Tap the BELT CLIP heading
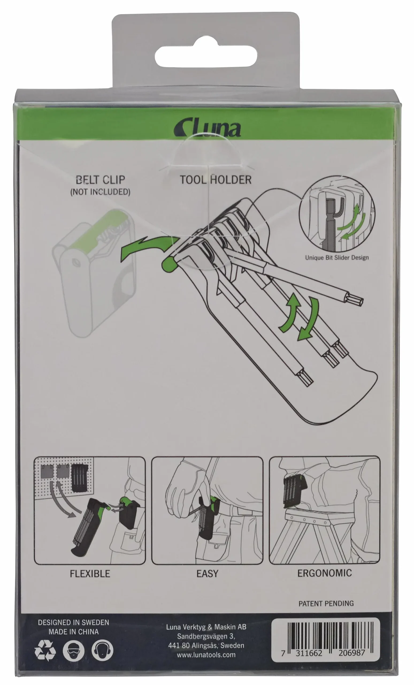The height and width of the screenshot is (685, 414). (x=101, y=180)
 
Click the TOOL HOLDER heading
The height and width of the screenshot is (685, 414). (x=216, y=180)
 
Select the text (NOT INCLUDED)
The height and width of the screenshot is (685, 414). (x=100, y=192)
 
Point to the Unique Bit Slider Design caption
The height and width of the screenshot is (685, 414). (x=337, y=257)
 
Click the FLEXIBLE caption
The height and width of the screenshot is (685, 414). (x=90, y=573)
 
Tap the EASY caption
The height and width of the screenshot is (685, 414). (x=207, y=573)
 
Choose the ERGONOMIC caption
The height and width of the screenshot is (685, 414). (x=324, y=573)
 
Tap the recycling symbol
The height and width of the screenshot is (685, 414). (x=45, y=651)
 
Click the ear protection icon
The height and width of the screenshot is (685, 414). (x=102, y=651)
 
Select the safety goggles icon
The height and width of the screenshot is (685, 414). (x=74, y=651)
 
